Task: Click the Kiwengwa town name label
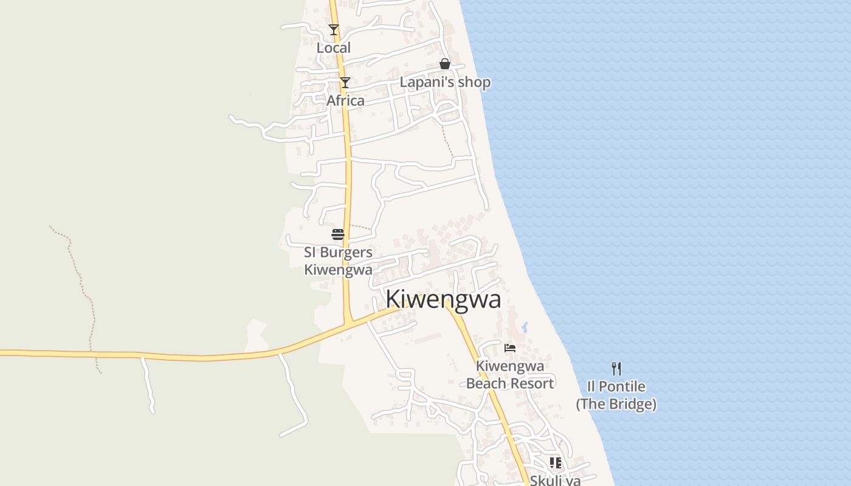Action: click(x=443, y=299)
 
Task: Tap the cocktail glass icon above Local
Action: click(x=333, y=30)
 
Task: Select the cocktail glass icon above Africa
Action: click(x=345, y=83)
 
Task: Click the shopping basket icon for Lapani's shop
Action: click(x=445, y=64)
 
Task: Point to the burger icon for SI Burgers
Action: click(x=338, y=234)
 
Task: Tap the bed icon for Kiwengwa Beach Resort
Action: click(x=510, y=348)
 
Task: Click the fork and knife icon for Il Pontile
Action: click(x=616, y=368)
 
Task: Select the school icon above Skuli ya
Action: click(x=556, y=463)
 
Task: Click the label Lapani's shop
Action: click(x=445, y=82)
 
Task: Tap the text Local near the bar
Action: click(x=334, y=48)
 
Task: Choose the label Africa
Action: click(x=345, y=101)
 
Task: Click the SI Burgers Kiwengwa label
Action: click(x=338, y=261)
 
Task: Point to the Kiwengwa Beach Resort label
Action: click(x=510, y=375)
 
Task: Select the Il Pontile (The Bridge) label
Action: click(x=616, y=395)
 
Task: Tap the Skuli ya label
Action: click(x=555, y=481)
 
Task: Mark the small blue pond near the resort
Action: click(x=525, y=327)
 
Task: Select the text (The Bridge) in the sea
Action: click(x=616, y=404)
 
